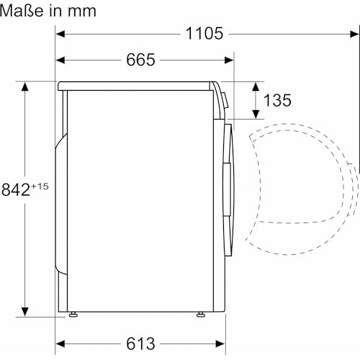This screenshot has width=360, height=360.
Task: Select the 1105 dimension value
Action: point(204,33)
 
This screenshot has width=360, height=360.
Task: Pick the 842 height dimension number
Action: point(15,190)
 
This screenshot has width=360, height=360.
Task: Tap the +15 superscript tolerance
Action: point(39,186)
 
